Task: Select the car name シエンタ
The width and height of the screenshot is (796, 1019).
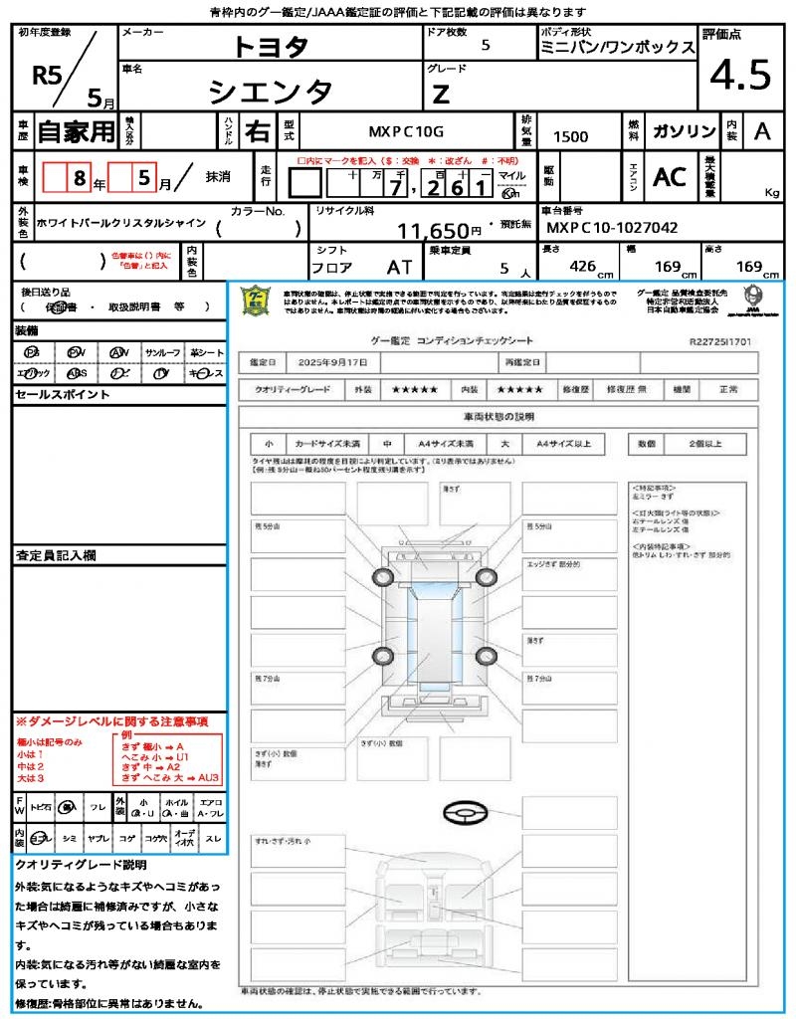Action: pyautogui.click(x=270, y=92)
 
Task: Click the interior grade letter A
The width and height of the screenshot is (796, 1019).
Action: pyautogui.click(x=761, y=131)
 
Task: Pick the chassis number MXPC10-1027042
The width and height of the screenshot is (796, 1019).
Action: pyautogui.click(x=613, y=228)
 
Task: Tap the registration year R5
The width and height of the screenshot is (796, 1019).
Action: pyautogui.click(x=48, y=75)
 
